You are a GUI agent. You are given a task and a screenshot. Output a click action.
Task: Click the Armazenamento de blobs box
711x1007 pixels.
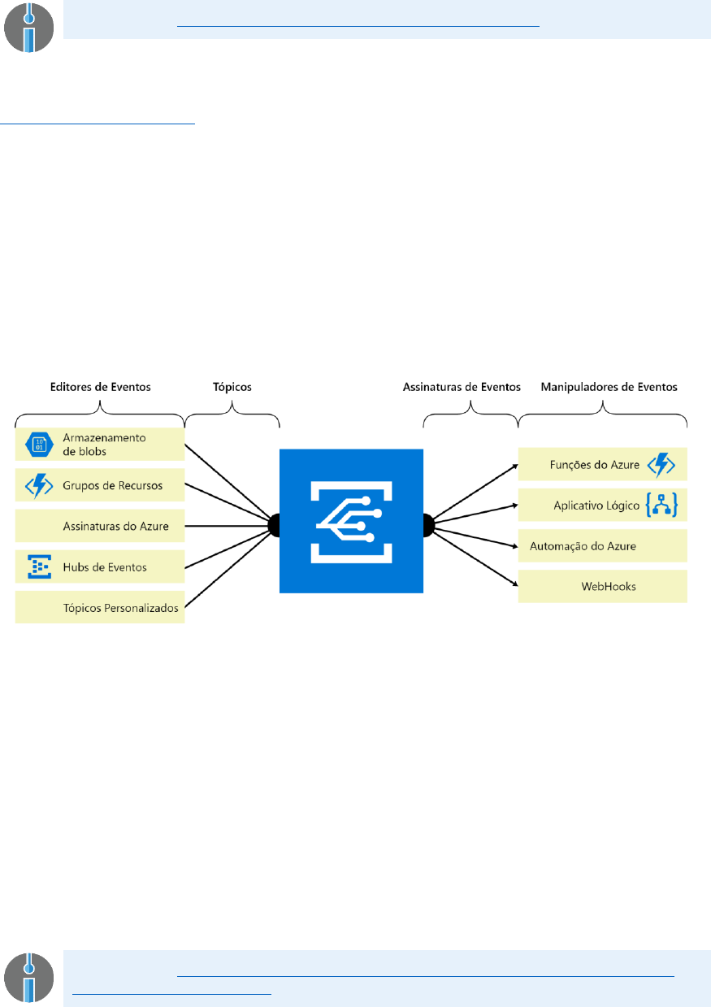[x=100, y=444]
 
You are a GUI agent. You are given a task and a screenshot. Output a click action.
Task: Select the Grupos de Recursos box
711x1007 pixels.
[x=100, y=485]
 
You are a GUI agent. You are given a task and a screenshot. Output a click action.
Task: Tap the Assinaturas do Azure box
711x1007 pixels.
[x=100, y=526]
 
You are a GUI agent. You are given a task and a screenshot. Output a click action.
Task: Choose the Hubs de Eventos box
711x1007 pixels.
[x=100, y=566]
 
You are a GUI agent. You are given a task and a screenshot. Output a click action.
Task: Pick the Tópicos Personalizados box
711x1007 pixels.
[x=100, y=607]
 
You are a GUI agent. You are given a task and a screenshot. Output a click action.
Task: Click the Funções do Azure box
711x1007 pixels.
[x=603, y=465]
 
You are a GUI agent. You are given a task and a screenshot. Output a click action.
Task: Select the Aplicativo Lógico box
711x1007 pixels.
[x=603, y=506]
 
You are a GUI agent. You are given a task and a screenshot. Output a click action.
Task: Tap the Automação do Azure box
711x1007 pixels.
[x=603, y=546]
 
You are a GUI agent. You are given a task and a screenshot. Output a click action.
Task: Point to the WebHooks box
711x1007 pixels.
[x=603, y=586]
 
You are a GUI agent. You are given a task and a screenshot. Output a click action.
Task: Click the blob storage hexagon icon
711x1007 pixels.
[x=39, y=444]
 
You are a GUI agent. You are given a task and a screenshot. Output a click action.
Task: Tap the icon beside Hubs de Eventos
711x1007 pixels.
[x=39, y=566]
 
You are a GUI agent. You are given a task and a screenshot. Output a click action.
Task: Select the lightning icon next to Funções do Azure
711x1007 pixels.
[x=661, y=465]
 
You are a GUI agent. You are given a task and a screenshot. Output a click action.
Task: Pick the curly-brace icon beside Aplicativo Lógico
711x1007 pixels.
[x=661, y=506]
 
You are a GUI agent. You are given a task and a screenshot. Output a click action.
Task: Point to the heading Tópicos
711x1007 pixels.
[x=232, y=388]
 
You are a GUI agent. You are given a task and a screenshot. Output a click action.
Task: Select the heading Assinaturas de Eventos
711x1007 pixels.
[x=462, y=388]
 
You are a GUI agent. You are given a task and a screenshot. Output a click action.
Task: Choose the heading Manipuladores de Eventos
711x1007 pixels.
[x=609, y=388]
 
